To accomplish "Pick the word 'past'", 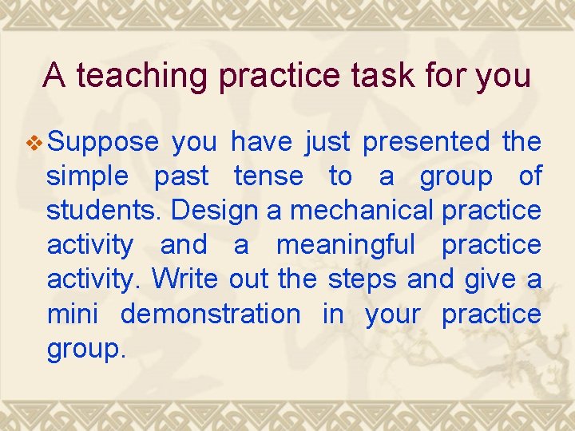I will pos(181,176).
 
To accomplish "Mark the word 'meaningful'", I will pos(346,245).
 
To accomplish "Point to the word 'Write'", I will pos(185,279).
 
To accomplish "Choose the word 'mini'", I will pos(73,314).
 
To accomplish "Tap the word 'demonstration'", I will pos(211,314).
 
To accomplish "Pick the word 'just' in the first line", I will pos(327,142).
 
